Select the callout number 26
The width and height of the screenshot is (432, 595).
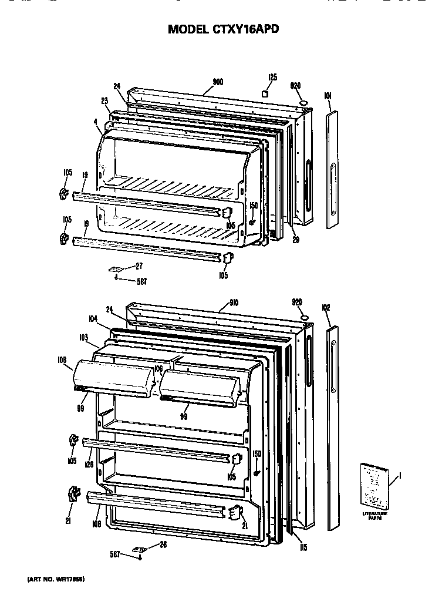(x=163, y=544)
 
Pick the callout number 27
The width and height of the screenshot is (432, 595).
(x=139, y=266)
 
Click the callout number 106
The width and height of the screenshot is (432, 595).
(x=158, y=368)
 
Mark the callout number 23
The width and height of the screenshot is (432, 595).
(x=104, y=99)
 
